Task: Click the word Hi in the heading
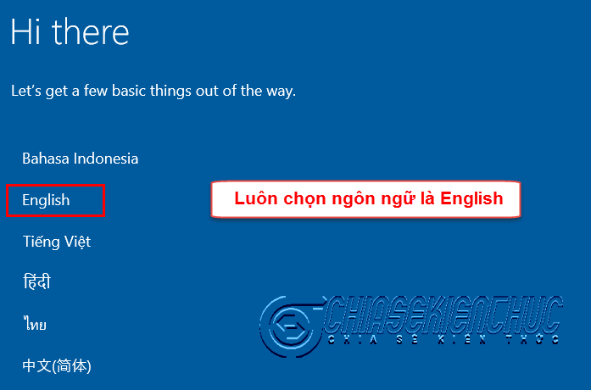pyautogui.click(x=25, y=31)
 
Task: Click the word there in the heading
pyautogui.click(x=91, y=31)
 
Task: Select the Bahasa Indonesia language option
pyautogui.click(x=81, y=159)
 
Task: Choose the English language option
pyautogui.click(x=46, y=200)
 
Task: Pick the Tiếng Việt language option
pyautogui.click(x=57, y=242)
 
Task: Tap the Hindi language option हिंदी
pyautogui.click(x=37, y=281)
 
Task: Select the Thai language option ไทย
pyautogui.click(x=35, y=324)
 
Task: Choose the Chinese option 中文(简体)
pyautogui.click(x=57, y=365)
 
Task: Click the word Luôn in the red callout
pyautogui.click(x=256, y=198)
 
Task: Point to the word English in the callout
pyautogui.click(x=471, y=198)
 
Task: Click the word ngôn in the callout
pyautogui.click(x=354, y=199)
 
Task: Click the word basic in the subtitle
pyautogui.click(x=129, y=91)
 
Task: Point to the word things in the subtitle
pyautogui.click(x=171, y=92)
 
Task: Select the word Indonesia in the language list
pyautogui.click(x=106, y=159)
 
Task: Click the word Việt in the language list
pyautogui.click(x=77, y=242)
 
